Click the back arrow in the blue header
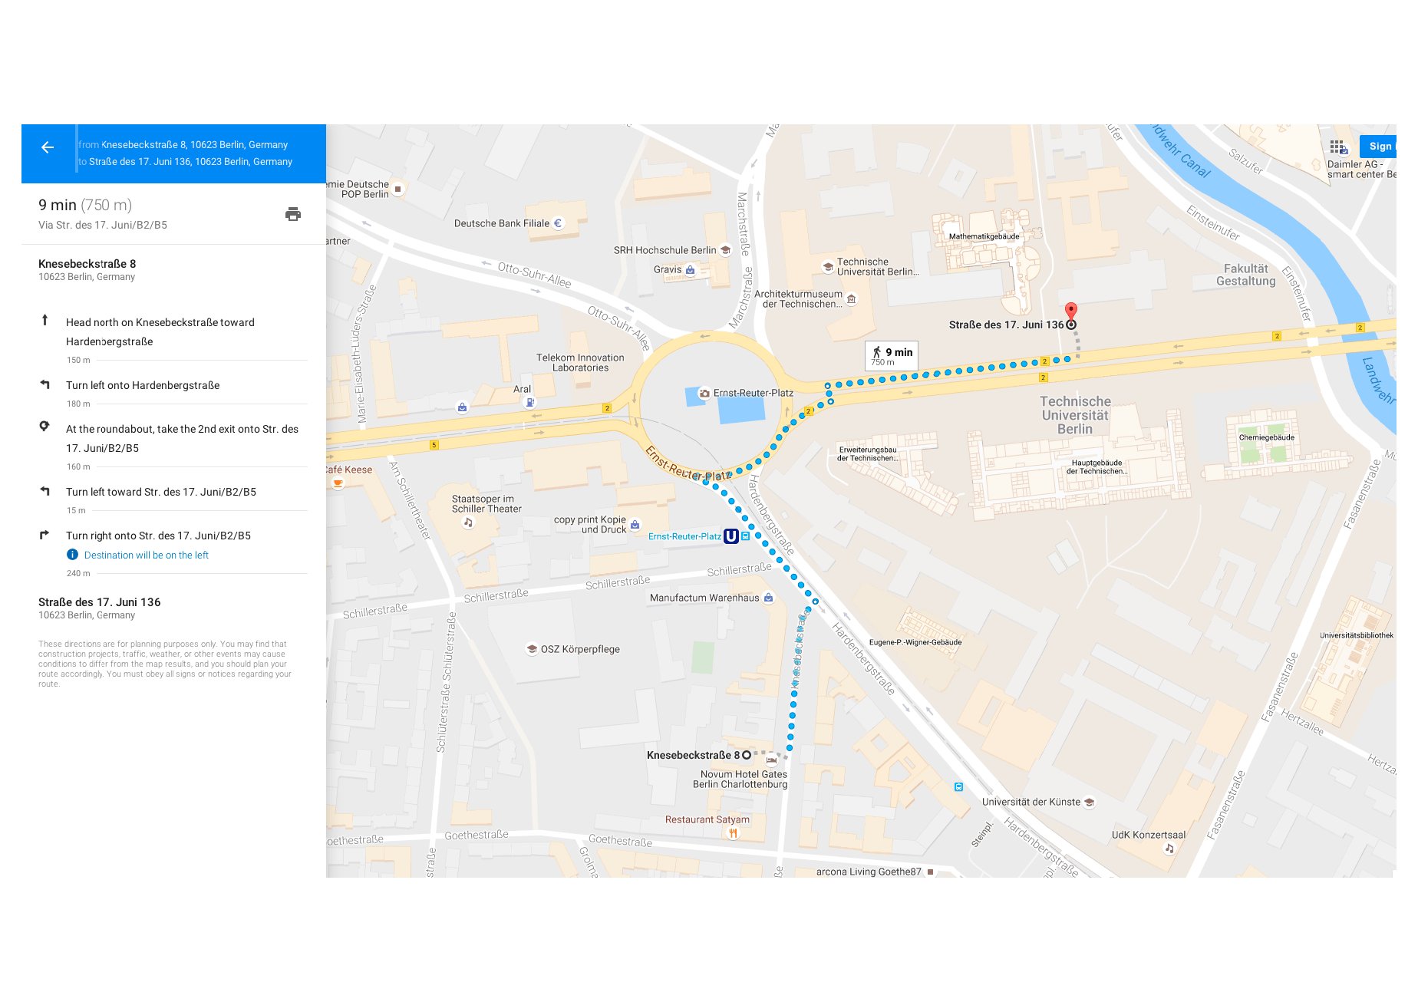(48, 147)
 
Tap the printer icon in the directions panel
(293, 214)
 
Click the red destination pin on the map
(1071, 311)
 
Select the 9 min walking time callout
(892, 356)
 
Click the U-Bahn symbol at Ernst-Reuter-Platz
(731, 536)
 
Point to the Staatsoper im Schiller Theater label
(486, 504)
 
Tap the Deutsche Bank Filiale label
(502, 224)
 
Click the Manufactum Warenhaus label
(704, 598)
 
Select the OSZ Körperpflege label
(579, 649)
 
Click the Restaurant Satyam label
(707, 820)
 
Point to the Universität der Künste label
(1031, 803)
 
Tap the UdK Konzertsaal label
(1148, 836)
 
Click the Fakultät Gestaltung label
(1245, 275)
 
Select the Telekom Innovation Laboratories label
(580, 363)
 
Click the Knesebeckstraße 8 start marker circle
(747, 756)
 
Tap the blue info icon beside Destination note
(72, 555)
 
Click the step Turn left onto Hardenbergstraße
(143, 385)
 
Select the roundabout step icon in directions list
(45, 427)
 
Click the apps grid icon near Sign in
(1337, 147)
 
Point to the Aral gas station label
(522, 390)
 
